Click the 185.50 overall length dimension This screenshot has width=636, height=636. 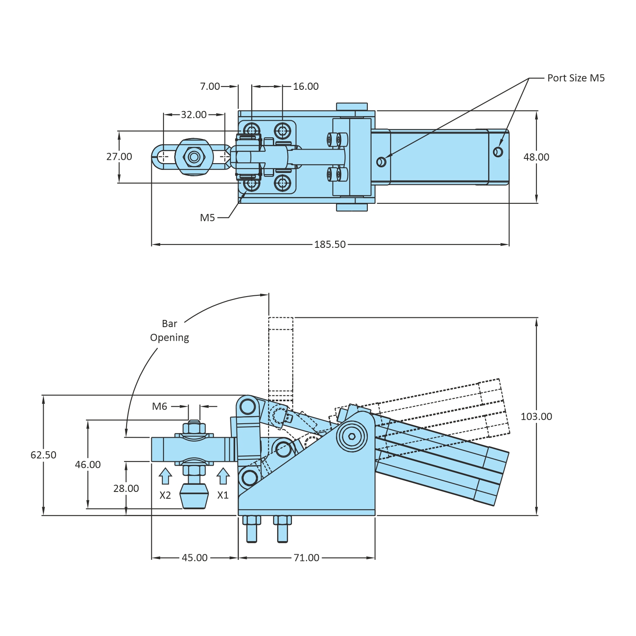330,244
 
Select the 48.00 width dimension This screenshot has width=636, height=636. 536,157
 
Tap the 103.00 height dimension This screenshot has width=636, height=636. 536,417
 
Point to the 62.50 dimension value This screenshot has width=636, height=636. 43,455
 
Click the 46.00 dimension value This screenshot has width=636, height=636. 88,465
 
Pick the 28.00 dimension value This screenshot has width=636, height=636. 126,489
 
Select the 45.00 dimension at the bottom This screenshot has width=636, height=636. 194,558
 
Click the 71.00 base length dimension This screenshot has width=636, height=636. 306,558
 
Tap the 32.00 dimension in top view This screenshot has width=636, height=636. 194,114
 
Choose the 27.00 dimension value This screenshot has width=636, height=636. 119,157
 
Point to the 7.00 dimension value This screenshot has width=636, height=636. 210,86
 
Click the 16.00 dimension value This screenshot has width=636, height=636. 306,86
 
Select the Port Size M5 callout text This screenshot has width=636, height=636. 576,78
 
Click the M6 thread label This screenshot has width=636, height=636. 160,407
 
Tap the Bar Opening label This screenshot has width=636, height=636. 169,330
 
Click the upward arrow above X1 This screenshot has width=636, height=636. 223,476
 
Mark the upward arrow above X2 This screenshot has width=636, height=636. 165,476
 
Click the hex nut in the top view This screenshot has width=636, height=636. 194,157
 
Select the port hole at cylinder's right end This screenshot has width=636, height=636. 498,152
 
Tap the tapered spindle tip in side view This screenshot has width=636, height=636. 194,496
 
